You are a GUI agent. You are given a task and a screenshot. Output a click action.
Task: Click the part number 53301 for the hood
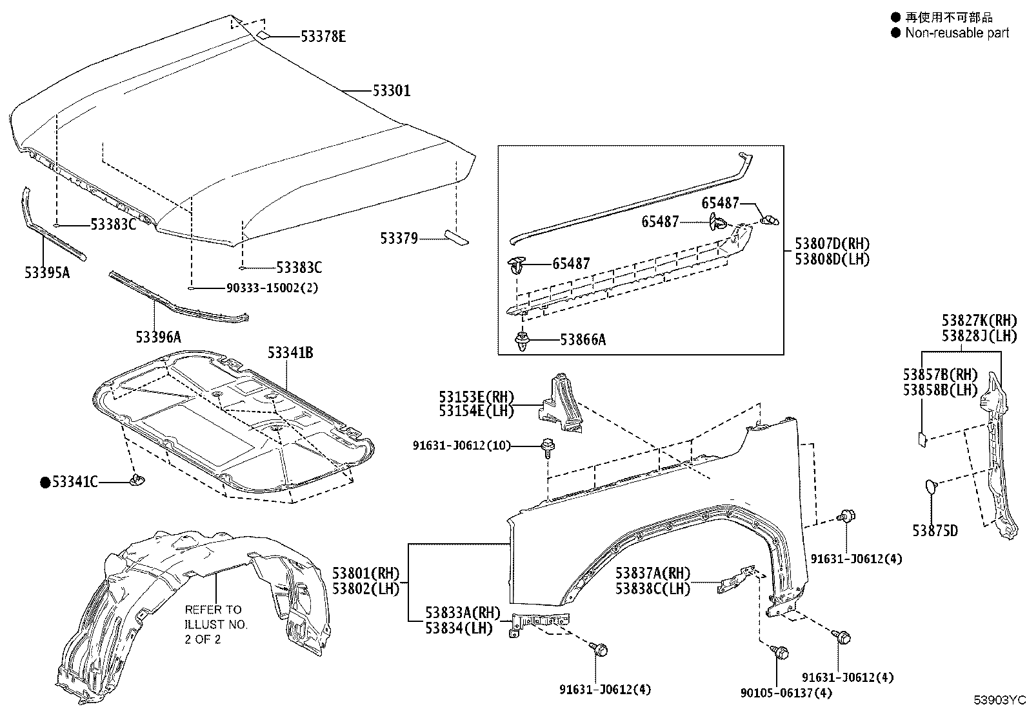coord(391,91)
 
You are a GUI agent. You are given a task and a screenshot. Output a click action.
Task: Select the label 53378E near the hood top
coord(323,37)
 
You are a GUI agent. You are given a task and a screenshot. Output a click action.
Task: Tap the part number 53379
coord(399,239)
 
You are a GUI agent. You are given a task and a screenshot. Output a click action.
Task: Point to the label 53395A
coord(47,273)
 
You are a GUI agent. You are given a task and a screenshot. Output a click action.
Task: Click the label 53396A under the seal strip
coord(158,337)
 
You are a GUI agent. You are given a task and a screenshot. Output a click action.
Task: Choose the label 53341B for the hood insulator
coord(290,353)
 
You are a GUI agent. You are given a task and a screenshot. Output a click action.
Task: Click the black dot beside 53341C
coord(45,482)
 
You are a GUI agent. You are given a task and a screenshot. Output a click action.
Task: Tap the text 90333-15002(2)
coord(272,288)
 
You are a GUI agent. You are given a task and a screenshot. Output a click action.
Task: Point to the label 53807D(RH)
coord(832,244)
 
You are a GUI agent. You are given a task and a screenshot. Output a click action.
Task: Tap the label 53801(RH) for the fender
coord(366,574)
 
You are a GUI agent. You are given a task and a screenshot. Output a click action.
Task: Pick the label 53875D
coord(935,531)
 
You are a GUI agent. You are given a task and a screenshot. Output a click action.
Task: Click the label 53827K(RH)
coord(979,321)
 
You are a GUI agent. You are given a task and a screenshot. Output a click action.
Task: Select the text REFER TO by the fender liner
coord(213,609)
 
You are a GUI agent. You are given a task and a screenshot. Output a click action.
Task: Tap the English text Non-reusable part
coord(957,33)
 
